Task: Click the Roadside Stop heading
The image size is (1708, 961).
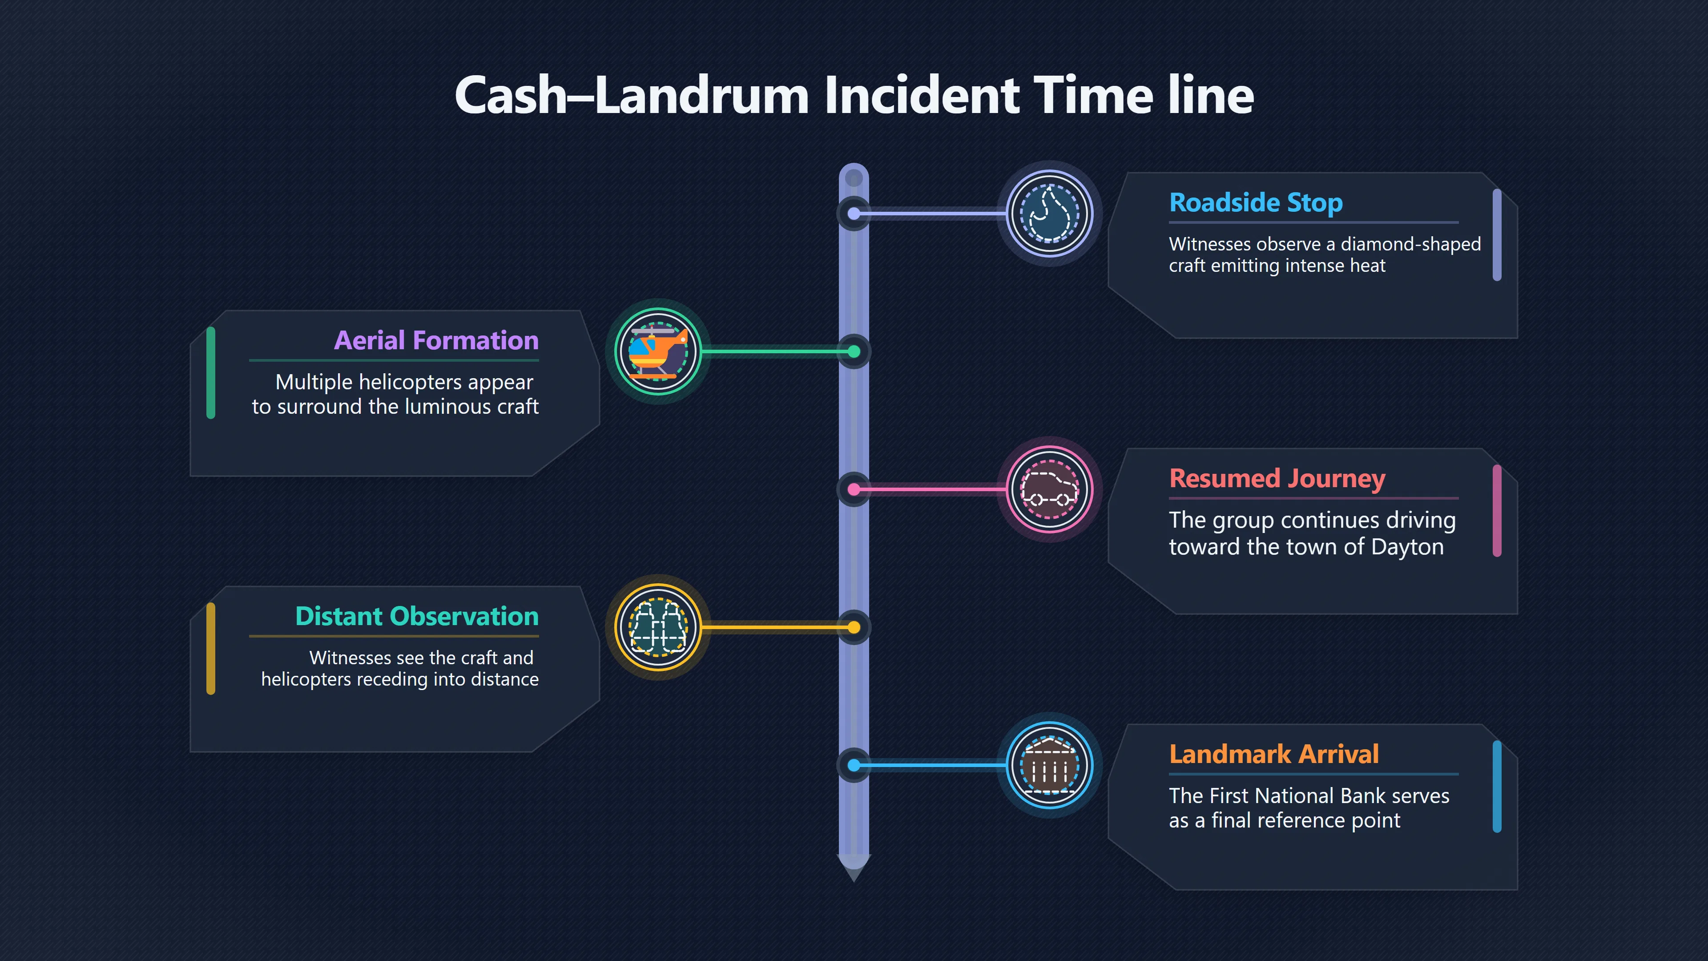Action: point(1256,203)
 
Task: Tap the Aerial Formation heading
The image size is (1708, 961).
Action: point(436,340)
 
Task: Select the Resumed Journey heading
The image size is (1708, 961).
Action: point(1277,479)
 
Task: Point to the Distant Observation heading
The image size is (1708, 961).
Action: point(417,616)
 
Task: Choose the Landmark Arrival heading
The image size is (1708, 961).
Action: point(1274,754)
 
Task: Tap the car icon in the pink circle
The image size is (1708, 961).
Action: point(1050,489)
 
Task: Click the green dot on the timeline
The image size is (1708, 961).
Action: point(854,351)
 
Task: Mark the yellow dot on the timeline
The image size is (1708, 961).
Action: point(854,627)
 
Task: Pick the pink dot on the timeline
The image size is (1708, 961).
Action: point(854,489)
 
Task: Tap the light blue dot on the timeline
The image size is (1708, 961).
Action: point(854,765)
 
